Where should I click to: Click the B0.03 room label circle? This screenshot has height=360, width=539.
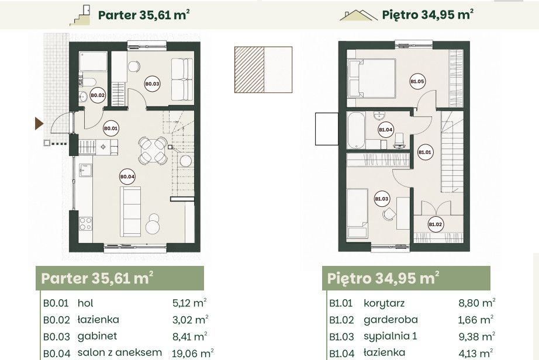(x=152, y=84)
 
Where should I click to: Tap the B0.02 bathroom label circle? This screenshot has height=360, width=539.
(x=98, y=95)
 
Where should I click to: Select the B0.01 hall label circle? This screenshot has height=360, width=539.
(x=110, y=129)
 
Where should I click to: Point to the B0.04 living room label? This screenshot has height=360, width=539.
(x=127, y=176)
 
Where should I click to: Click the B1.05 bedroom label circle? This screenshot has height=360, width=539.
(x=417, y=81)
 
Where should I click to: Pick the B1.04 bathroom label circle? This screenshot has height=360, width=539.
(x=386, y=130)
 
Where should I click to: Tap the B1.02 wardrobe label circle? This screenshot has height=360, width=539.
(x=435, y=224)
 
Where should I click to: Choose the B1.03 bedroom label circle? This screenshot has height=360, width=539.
(x=382, y=199)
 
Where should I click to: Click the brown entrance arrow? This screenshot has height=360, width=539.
(x=39, y=123)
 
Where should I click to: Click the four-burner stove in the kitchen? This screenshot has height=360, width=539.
(x=85, y=224)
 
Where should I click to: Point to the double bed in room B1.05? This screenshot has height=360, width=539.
(x=372, y=79)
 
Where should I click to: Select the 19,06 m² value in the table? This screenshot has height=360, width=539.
(x=193, y=353)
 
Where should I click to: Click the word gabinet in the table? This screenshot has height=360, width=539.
(x=97, y=336)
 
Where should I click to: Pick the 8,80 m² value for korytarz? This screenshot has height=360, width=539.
(x=477, y=303)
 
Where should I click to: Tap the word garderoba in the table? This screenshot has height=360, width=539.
(x=391, y=320)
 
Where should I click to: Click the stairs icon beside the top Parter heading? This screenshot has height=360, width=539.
(x=80, y=15)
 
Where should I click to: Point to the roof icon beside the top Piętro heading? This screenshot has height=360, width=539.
(x=358, y=15)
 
